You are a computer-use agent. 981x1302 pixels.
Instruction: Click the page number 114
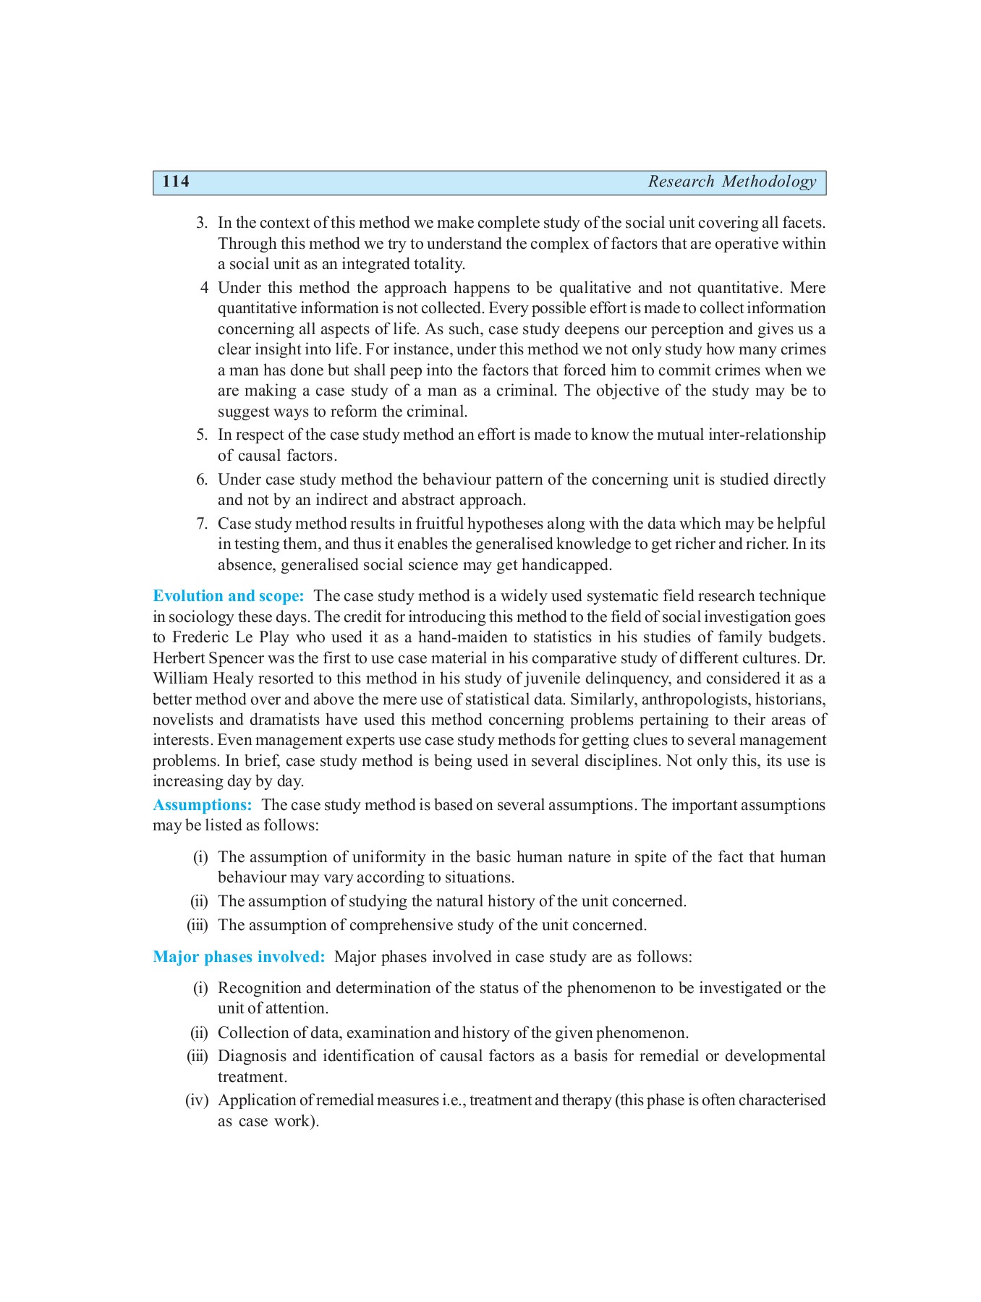(176, 182)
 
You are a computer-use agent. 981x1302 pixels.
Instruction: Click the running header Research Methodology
(731, 182)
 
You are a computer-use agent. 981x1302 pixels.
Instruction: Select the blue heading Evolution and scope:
(228, 596)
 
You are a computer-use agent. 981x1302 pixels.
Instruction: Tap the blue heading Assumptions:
(202, 805)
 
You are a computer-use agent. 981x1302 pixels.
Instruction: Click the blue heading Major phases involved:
(239, 957)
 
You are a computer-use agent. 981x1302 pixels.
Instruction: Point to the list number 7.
(202, 524)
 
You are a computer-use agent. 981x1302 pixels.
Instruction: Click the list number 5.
(202, 435)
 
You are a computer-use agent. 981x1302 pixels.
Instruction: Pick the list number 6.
(202, 480)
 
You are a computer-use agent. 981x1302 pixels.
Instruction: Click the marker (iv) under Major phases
(197, 1100)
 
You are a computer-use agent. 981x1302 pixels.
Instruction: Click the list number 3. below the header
(202, 223)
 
